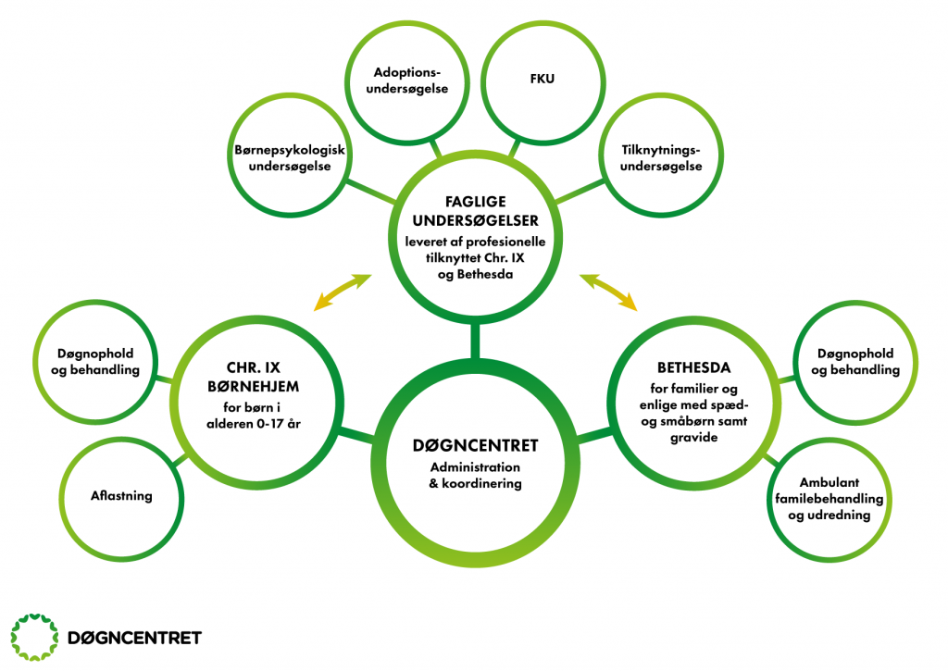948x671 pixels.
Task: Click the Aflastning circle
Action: click(x=122, y=496)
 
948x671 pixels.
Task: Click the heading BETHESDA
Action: click(x=686, y=366)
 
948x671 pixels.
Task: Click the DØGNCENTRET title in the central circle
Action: click(x=475, y=445)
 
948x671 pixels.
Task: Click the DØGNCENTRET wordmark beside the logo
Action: click(x=134, y=638)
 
